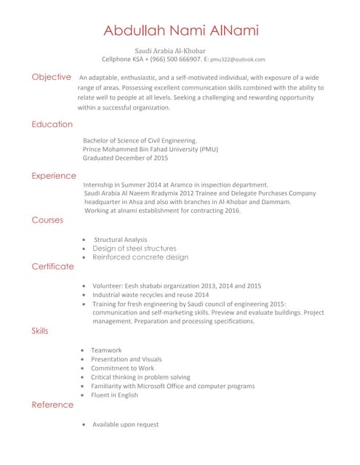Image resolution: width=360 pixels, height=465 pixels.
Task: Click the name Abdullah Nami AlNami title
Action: coord(180,30)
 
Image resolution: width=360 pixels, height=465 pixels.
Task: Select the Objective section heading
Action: coord(51,76)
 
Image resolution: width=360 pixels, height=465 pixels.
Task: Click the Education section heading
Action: coord(52,124)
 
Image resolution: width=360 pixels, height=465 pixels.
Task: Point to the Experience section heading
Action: coord(54,175)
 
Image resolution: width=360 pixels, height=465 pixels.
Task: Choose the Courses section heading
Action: coord(47,219)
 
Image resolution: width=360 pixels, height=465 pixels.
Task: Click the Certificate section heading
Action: coord(52,266)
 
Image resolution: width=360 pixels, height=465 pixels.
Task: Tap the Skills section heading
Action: coord(40,331)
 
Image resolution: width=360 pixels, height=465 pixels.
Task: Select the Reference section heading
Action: coord(52,404)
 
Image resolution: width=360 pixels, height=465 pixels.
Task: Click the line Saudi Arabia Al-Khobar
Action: coord(170,50)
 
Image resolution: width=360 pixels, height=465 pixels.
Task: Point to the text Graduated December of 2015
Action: coord(125,158)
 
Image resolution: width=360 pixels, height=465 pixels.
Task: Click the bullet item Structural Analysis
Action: coord(120,239)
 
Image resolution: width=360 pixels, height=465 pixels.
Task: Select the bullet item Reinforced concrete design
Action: coord(140,257)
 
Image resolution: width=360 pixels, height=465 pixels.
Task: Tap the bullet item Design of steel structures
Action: coord(134,248)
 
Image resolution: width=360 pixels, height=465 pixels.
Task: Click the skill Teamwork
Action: coord(106,350)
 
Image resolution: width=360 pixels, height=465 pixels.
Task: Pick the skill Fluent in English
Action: coord(114,395)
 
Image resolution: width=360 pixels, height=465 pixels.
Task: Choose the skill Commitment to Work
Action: coord(122,368)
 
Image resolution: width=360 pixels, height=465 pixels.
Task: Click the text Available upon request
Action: coord(125,424)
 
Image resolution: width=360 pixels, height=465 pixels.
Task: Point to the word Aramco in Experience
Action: coord(180,185)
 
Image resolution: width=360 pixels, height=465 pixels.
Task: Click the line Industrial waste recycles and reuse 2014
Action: coord(150,295)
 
